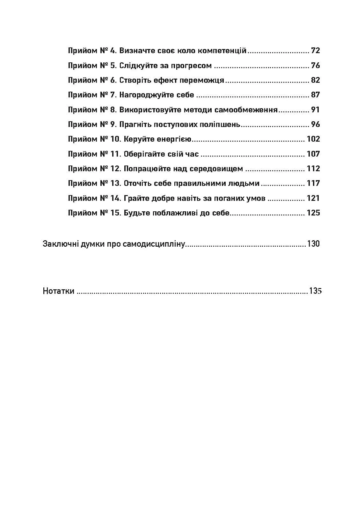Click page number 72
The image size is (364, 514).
315,51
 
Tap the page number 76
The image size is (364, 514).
315,66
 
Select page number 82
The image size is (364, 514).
315,80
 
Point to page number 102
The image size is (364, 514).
313,139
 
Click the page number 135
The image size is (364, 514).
315,291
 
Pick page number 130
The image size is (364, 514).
313,244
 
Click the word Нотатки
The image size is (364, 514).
59,291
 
